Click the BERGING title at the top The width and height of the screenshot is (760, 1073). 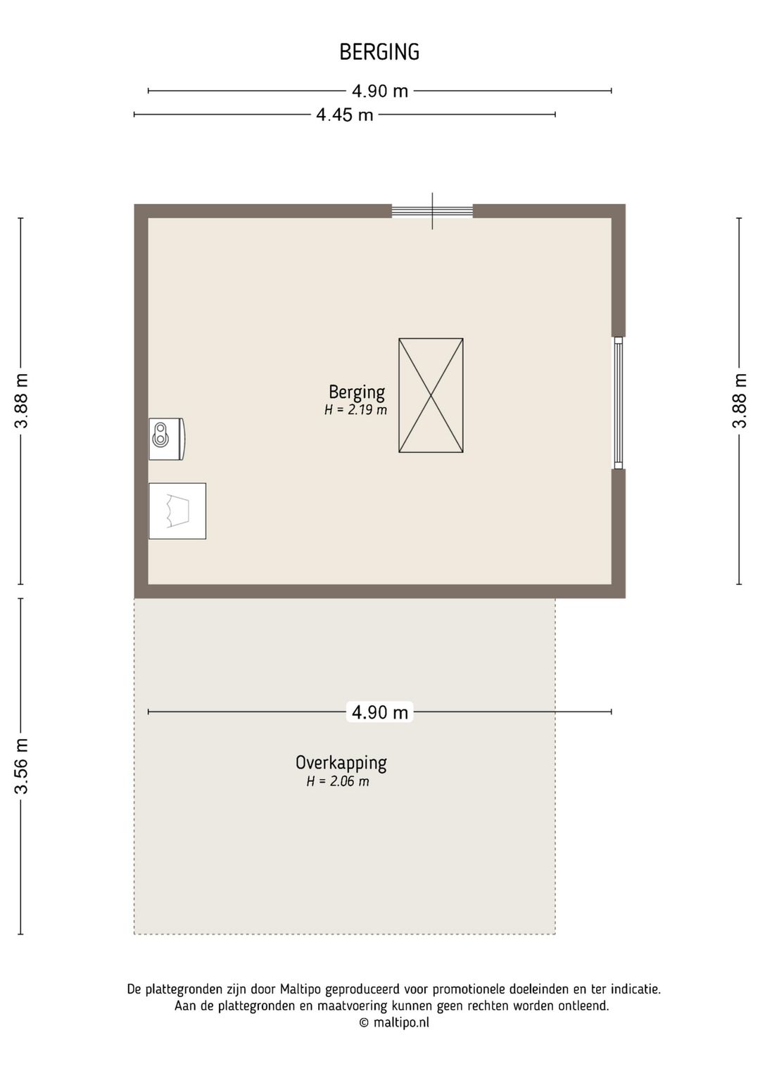(x=379, y=52)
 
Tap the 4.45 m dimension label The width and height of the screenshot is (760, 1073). (x=344, y=115)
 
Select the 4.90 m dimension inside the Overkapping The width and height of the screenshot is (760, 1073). (x=380, y=712)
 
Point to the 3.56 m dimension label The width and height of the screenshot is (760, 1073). (x=22, y=766)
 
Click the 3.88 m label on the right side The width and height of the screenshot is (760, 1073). (x=739, y=401)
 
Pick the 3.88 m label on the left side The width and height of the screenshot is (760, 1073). (x=22, y=401)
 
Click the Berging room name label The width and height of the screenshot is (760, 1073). (x=357, y=392)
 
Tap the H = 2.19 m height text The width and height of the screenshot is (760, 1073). (x=355, y=410)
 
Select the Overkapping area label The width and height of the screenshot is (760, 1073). (x=341, y=762)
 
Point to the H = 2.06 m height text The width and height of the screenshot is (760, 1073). (x=338, y=781)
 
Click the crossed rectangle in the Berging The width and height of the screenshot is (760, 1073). (x=431, y=395)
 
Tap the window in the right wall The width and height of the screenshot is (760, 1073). (x=618, y=403)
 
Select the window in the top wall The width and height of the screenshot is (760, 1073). (x=432, y=211)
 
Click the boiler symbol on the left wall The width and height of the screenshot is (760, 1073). (x=166, y=439)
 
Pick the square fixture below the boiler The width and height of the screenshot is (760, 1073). (x=177, y=511)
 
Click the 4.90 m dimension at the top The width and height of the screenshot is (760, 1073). (x=380, y=91)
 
